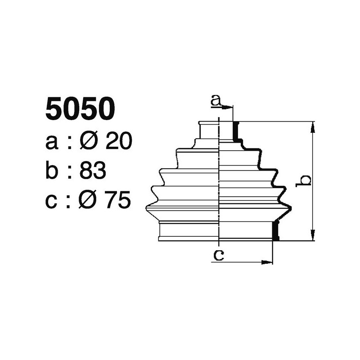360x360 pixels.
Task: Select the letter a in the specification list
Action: click(x=52, y=143)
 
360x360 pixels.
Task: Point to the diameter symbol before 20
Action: click(x=89, y=142)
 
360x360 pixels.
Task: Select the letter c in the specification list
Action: click(x=52, y=200)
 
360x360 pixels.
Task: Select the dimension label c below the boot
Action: click(x=218, y=256)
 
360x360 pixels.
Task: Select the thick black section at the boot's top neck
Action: click(x=234, y=130)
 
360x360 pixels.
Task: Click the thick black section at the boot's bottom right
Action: click(x=276, y=230)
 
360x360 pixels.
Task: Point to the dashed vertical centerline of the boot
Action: click(x=219, y=180)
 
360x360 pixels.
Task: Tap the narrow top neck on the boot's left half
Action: click(x=209, y=130)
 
